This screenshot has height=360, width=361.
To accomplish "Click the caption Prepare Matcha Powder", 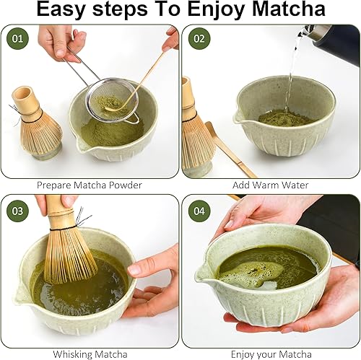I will point(90,185).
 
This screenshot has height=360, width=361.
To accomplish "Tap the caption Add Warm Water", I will point(271,185).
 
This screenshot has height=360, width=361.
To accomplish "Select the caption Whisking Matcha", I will point(90,354).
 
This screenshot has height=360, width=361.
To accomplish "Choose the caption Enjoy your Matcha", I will point(271,354).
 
